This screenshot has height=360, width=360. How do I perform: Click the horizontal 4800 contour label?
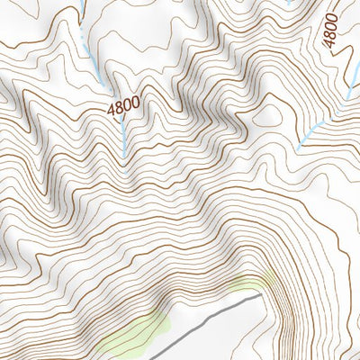tap(123, 106)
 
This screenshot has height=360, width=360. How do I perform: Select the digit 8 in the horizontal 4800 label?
tap(120, 107)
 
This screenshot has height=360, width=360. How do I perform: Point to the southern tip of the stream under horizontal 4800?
tap(124, 158)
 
